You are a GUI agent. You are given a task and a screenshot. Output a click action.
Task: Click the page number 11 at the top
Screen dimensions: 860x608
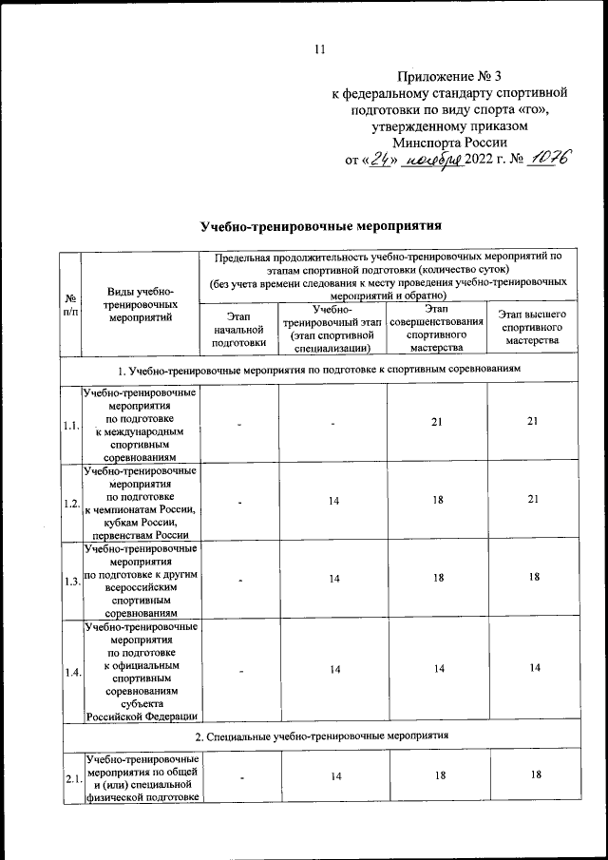319,49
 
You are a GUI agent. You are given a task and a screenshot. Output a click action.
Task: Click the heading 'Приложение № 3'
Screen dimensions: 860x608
448,76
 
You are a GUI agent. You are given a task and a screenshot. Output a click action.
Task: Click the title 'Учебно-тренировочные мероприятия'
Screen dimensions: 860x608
322,226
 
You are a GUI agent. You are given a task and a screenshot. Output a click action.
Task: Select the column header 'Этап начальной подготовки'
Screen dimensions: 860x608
237,329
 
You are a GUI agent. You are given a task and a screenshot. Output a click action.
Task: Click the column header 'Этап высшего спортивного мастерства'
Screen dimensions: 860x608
532,328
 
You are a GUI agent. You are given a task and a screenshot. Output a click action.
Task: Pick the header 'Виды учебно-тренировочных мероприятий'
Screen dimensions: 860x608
140,304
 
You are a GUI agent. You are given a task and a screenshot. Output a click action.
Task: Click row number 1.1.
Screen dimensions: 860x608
69,426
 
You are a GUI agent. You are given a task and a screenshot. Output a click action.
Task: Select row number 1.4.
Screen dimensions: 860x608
69,673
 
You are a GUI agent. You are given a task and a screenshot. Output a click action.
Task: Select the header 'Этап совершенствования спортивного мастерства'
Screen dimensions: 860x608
435,328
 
